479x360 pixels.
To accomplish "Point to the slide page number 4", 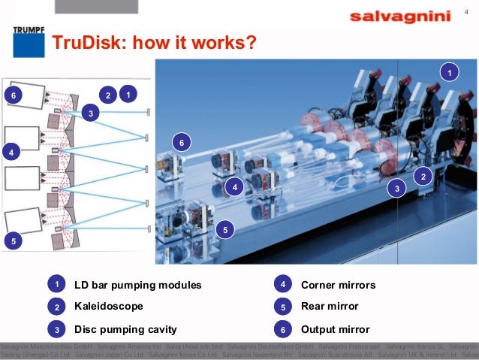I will point(466,11).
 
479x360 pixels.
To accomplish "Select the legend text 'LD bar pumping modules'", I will point(138,286).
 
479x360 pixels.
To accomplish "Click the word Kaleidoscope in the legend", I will point(108,307).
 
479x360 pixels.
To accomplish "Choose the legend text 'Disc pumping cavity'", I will point(125,329).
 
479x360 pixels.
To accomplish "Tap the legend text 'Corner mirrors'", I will point(338,286).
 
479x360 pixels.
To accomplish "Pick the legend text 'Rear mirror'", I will point(330,307).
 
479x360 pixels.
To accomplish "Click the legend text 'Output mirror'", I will point(335,329).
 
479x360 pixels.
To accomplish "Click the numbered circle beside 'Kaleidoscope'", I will point(56,307).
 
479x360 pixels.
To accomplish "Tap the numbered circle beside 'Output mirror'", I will point(282,329).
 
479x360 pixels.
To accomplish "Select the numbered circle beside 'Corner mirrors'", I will point(282,285).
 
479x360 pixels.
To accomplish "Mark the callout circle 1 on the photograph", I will point(449,72).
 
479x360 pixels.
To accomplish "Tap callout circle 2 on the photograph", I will point(423,177).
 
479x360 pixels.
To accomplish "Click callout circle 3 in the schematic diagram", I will point(91,113).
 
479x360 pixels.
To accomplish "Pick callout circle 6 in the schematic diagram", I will point(11,95).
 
